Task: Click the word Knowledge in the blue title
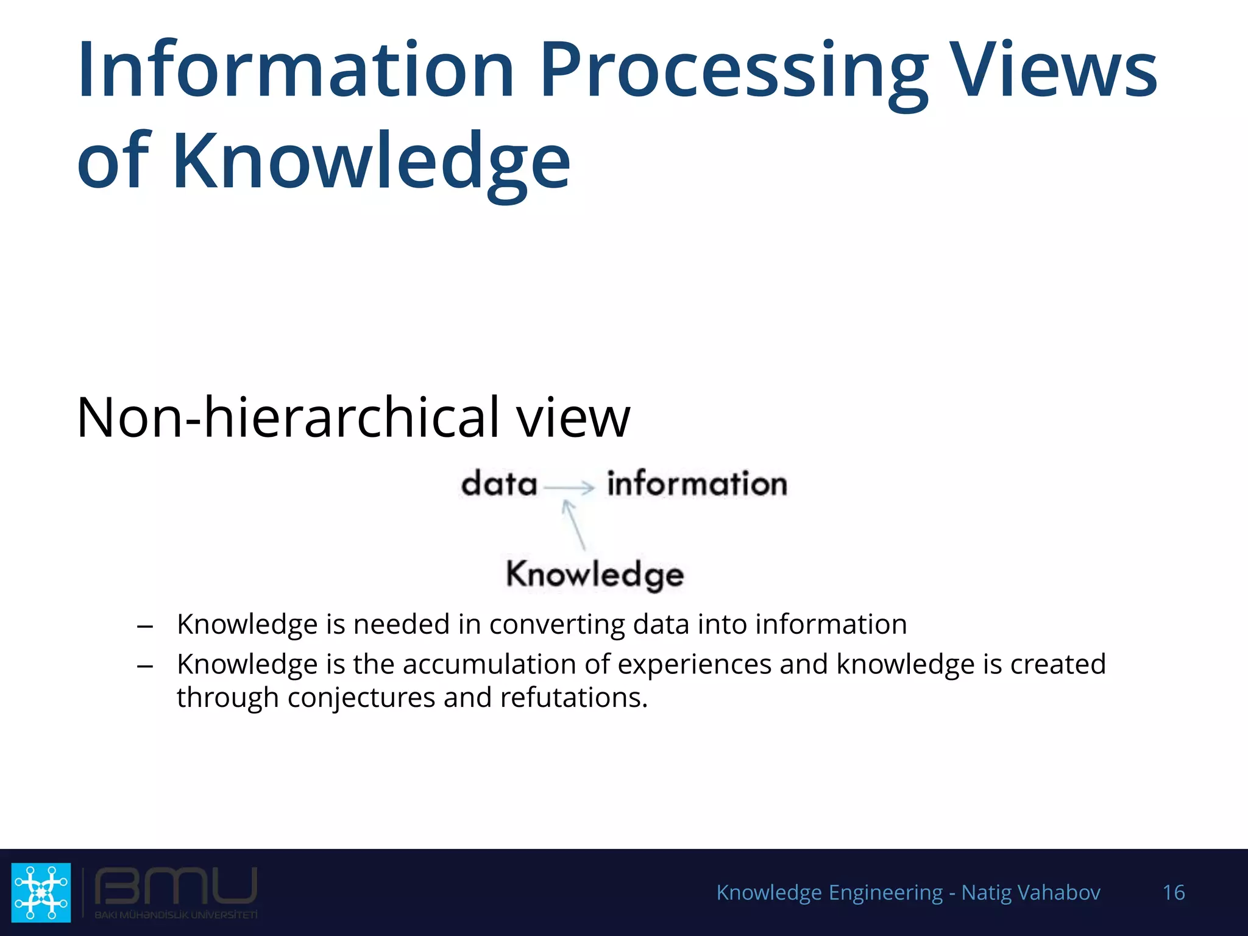point(371,161)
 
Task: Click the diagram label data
point(499,484)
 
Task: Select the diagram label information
point(697,484)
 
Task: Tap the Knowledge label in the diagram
point(595,575)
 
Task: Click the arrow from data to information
point(569,487)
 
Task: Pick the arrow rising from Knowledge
point(574,525)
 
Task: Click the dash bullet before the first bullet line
point(145,626)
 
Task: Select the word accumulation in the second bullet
point(489,664)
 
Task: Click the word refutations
point(573,698)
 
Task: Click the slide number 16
point(1173,893)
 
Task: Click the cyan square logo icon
point(41,892)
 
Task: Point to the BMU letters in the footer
point(176,887)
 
